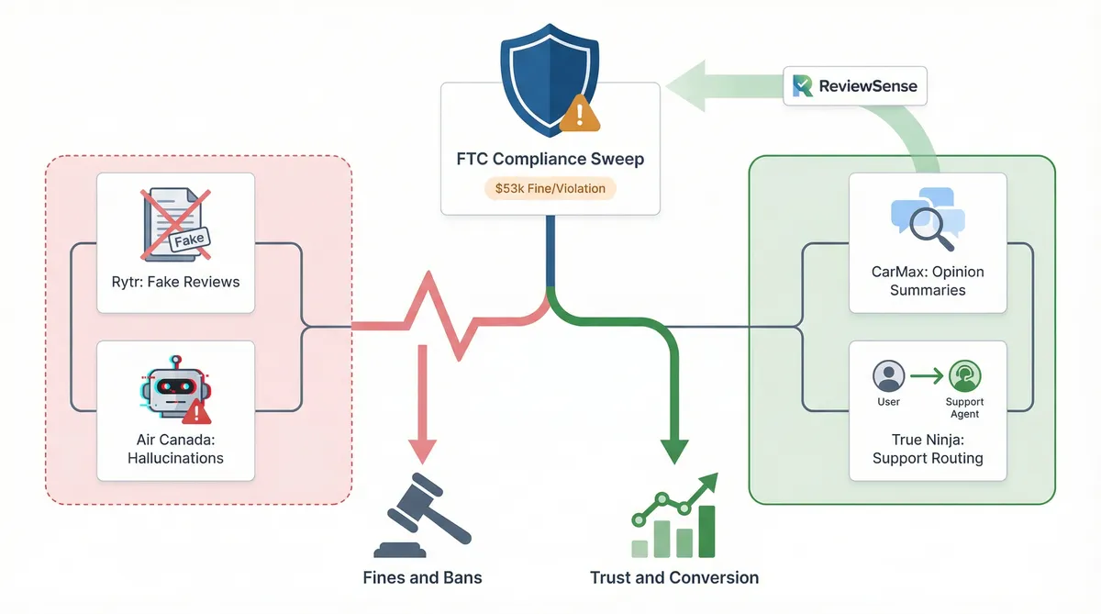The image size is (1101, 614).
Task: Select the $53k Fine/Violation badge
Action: (550, 188)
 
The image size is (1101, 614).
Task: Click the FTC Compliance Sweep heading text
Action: (550, 159)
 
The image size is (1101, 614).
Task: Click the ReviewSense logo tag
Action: (854, 86)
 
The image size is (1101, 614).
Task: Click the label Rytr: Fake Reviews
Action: (175, 282)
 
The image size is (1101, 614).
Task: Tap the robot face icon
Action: (174, 389)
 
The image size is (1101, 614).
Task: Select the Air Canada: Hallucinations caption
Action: (175, 448)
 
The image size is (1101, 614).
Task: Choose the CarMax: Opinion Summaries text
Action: (928, 280)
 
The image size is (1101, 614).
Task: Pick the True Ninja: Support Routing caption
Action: (928, 448)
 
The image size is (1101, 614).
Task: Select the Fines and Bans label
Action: (422, 577)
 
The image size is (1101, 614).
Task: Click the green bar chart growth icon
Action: (675, 519)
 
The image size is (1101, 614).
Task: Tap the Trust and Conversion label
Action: (674, 577)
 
